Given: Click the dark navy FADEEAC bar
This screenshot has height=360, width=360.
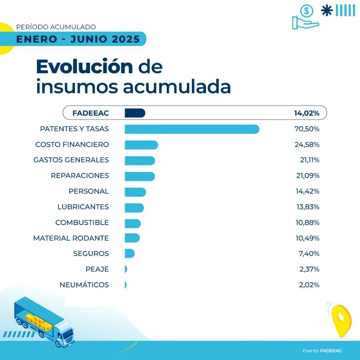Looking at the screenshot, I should point(135,113).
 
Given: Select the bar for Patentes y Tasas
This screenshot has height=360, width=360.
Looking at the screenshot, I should point(192,129).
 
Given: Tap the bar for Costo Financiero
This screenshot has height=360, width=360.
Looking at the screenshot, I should point(141,144).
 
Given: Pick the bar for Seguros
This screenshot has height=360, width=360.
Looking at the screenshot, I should point(129,253).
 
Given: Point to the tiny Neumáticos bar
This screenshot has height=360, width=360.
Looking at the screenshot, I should point(126,285).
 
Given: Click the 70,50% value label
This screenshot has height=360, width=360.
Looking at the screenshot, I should point(307,129).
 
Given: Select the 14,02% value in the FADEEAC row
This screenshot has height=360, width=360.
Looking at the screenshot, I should point(307,113).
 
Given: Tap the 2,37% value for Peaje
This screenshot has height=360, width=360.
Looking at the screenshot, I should point(309,269).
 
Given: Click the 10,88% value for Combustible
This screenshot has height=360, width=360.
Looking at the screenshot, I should point(308,223).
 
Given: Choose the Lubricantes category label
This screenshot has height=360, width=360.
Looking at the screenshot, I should point(83,207).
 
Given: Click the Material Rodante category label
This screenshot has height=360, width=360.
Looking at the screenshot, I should point(71,238).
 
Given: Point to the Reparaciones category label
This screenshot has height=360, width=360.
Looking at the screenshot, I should point(80,175).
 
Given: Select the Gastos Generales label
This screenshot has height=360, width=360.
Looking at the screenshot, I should point(71,160).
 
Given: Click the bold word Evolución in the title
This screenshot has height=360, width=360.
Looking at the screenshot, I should point(84,67).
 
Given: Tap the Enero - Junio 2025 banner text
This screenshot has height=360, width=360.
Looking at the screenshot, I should point(78,39).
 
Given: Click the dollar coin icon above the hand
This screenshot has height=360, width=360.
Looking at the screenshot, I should point(307,11).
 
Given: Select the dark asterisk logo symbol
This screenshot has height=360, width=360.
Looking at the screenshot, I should point(327,11).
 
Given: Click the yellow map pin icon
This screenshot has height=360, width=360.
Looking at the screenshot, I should point(341,319).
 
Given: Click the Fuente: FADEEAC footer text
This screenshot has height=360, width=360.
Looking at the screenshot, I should point(322,351).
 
